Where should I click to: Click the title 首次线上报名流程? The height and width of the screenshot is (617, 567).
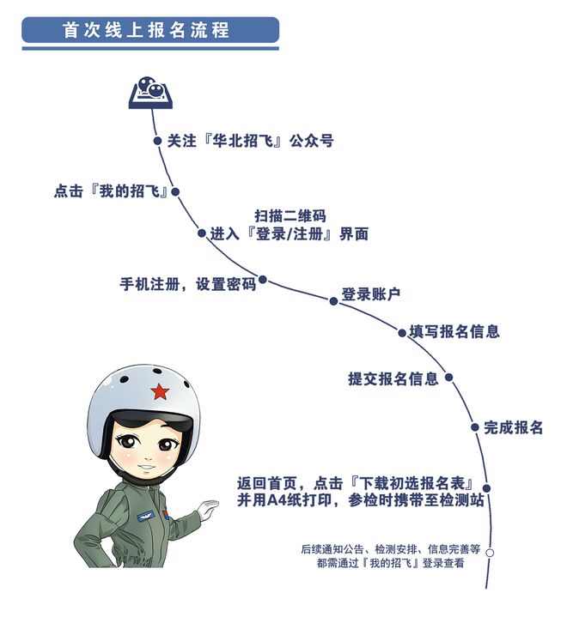[146, 30]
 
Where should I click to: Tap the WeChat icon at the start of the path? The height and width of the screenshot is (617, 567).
[151, 93]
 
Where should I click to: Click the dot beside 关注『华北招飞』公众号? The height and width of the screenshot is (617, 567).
[157, 141]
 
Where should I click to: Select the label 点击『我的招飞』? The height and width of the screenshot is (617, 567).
[111, 191]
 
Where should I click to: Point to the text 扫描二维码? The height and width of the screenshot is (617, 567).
[290, 216]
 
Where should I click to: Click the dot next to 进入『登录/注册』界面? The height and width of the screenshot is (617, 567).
[202, 233]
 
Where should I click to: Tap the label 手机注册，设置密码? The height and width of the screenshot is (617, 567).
[188, 284]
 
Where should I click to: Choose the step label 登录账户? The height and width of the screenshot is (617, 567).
[371, 294]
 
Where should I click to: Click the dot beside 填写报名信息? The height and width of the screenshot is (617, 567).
[402, 333]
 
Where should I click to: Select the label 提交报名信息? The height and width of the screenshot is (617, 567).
[393, 378]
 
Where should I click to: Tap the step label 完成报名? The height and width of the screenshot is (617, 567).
[514, 427]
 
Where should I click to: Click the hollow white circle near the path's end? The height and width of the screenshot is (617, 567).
[490, 553]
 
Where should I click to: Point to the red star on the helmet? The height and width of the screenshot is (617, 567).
[160, 391]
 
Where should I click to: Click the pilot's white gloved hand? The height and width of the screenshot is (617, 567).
[208, 509]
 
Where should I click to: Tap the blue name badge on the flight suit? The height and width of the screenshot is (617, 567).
[148, 517]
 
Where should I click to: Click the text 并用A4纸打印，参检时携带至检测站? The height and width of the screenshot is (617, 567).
[361, 500]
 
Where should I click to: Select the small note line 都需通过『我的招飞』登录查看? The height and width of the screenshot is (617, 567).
[391, 563]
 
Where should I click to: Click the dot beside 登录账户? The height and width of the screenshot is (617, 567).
[333, 301]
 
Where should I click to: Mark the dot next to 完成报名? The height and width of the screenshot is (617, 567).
[475, 427]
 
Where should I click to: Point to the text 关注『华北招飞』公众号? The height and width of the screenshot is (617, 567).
[251, 141]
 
